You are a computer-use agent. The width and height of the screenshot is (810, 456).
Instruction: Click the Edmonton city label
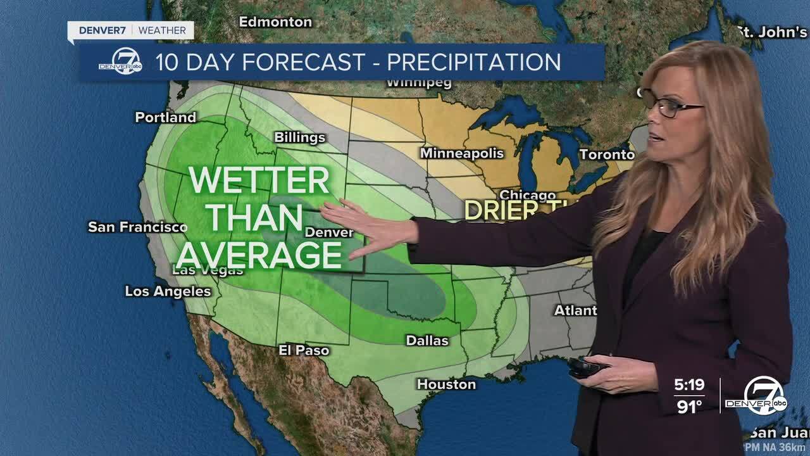pos(275,22)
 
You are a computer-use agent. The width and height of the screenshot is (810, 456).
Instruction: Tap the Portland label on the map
pos(166,118)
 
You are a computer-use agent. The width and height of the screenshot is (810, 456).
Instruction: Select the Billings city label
pos(299,138)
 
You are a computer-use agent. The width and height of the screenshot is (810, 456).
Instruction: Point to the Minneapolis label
pos(462,153)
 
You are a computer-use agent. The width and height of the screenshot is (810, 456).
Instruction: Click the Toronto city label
pos(606,155)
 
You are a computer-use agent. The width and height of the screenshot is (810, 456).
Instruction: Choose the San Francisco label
pos(137,227)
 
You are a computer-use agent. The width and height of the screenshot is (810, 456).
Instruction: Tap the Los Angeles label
pos(168,291)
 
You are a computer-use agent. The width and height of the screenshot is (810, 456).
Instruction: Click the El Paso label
pos(304,350)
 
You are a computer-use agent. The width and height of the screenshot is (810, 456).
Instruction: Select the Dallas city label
pos(427,341)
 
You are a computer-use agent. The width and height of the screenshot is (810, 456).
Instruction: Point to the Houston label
pos(446,384)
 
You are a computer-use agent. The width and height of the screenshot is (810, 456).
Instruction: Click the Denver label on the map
pos(329,232)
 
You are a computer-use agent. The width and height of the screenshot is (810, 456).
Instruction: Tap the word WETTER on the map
pos(259,181)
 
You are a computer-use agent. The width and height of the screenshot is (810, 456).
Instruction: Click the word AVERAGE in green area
pos(259,256)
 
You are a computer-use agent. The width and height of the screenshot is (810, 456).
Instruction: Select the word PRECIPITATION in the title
pos(473,62)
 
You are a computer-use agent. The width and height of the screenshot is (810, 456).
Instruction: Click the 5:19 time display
pos(688,385)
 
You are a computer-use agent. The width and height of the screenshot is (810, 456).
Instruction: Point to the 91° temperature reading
pos(690,407)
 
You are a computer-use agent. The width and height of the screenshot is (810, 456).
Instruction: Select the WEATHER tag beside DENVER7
pos(162,30)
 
